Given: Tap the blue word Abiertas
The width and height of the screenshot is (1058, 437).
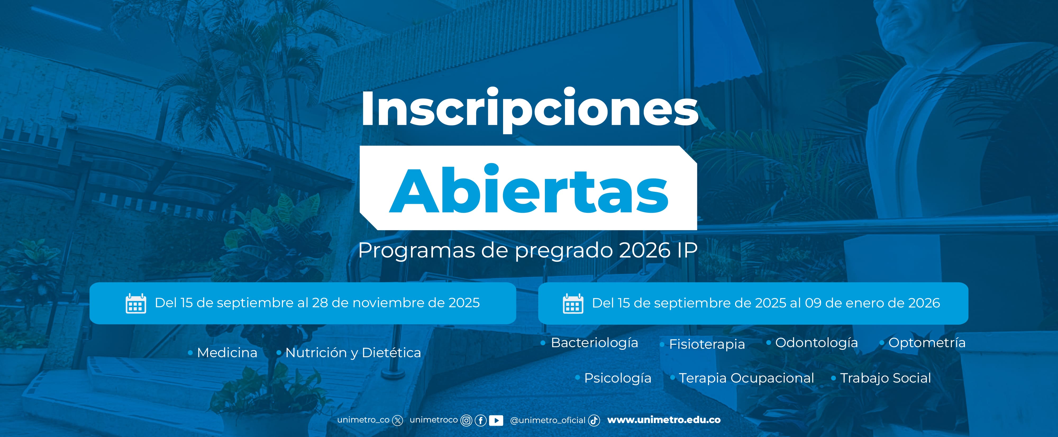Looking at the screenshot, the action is coord(528,190).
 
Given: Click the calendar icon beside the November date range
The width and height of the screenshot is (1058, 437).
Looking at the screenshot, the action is coord(135,304).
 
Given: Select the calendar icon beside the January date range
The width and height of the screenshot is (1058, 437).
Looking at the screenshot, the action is coord(573,304).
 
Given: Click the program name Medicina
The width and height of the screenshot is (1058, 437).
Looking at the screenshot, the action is coord(227,352).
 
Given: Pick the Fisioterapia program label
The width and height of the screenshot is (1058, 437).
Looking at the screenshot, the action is coord(707,344).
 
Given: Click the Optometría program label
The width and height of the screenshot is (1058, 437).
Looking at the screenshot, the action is coord(927,343).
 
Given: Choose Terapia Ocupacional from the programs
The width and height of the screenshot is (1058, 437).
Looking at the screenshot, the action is coord(746,378).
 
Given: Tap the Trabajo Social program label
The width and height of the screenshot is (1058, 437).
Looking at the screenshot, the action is coord(886,378).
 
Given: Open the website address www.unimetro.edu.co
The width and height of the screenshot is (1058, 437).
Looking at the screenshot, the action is coord(664,420).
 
